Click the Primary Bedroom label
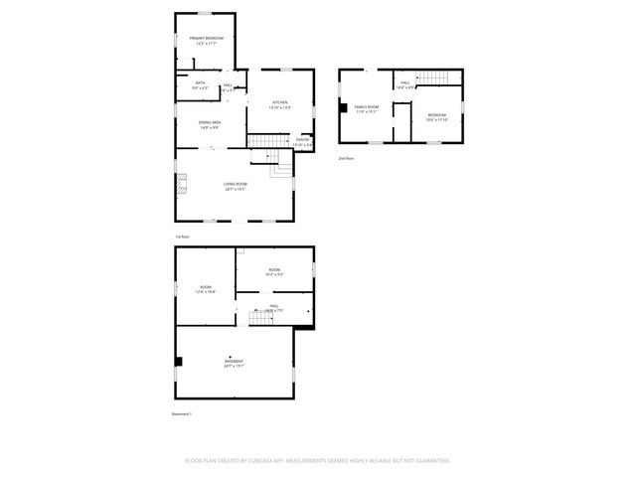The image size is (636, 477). [x=206, y=41]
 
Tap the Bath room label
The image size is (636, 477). [x=200, y=85]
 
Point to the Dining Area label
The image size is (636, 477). [x=209, y=124]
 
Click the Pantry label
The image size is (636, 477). [x=302, y=142]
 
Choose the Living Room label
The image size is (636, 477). [x=235, y=186]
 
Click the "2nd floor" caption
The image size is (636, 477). [x=346, y=158]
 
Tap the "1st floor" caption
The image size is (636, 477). [x=182, y=237]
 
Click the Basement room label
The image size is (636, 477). [x=235, y=364]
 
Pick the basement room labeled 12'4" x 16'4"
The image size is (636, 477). [x=206, y=289]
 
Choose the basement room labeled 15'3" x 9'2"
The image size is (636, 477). [x=274, y=271]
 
